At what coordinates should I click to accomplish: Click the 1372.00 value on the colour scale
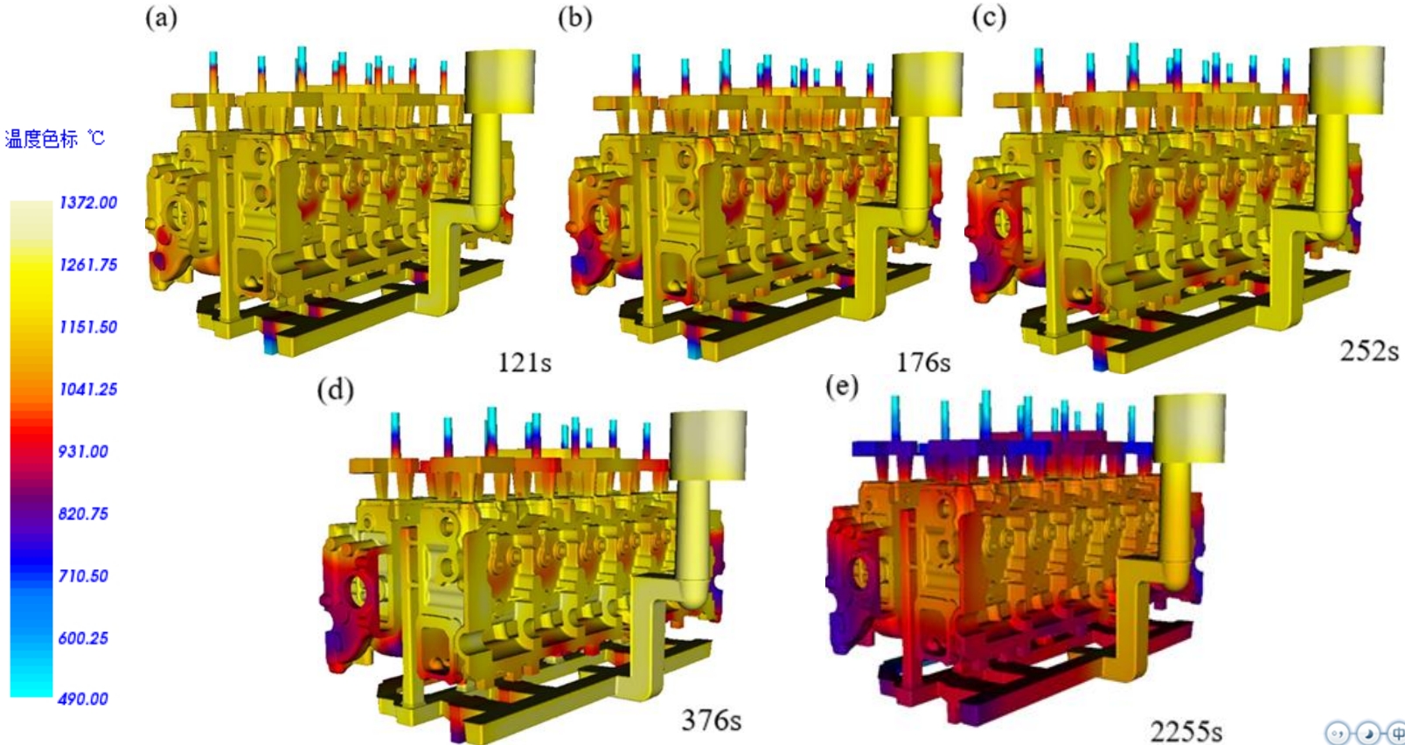pos(87,203)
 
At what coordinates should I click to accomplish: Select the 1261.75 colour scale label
pos(87,265)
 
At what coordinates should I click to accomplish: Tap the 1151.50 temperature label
pos(87,327)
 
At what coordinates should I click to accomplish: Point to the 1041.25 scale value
pos(87,389)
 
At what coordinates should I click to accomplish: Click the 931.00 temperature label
pos(83,451)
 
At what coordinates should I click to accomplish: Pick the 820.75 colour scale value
pos(83,513)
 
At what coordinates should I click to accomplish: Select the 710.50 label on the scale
pos(83,575)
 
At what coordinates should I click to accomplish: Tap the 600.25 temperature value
pos(83,637)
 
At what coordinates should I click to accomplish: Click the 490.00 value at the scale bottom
pos(83,699)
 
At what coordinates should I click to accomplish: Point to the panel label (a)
pos(161,17)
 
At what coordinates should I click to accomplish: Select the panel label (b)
pos(574,17)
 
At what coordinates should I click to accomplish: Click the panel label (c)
pos(989,17)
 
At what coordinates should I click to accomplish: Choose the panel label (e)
pos(841,386)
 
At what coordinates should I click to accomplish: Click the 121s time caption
pos(525,362)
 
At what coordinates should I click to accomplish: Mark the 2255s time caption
pos(1186,730)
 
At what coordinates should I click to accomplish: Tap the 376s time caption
pos(711,720)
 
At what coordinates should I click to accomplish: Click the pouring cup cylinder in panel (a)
pos(499,80)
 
